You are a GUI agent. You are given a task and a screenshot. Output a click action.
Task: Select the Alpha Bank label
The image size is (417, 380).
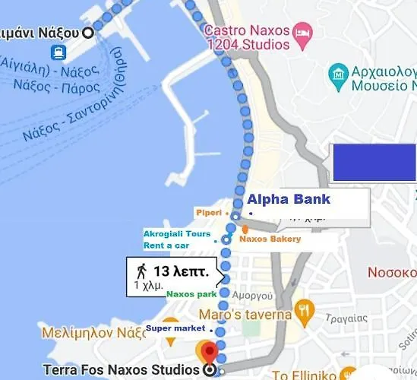289,200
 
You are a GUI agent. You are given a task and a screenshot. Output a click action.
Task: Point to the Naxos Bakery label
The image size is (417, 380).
270,239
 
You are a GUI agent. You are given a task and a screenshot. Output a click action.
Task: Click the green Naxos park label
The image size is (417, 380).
191,293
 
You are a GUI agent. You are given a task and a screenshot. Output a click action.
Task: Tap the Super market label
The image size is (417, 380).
175,328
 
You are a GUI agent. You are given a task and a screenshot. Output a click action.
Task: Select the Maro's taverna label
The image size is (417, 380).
245,314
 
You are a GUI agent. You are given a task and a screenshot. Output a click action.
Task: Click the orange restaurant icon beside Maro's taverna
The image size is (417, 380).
305,309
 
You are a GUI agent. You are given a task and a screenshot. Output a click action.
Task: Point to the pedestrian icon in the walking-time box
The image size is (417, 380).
141,271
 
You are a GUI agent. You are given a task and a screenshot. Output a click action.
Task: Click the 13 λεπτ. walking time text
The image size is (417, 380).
182,271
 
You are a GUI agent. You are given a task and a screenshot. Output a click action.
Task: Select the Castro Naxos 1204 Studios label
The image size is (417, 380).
248,38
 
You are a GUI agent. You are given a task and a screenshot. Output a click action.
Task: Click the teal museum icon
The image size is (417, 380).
337,74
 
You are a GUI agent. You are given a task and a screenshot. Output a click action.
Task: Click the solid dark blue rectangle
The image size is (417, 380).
374,162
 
